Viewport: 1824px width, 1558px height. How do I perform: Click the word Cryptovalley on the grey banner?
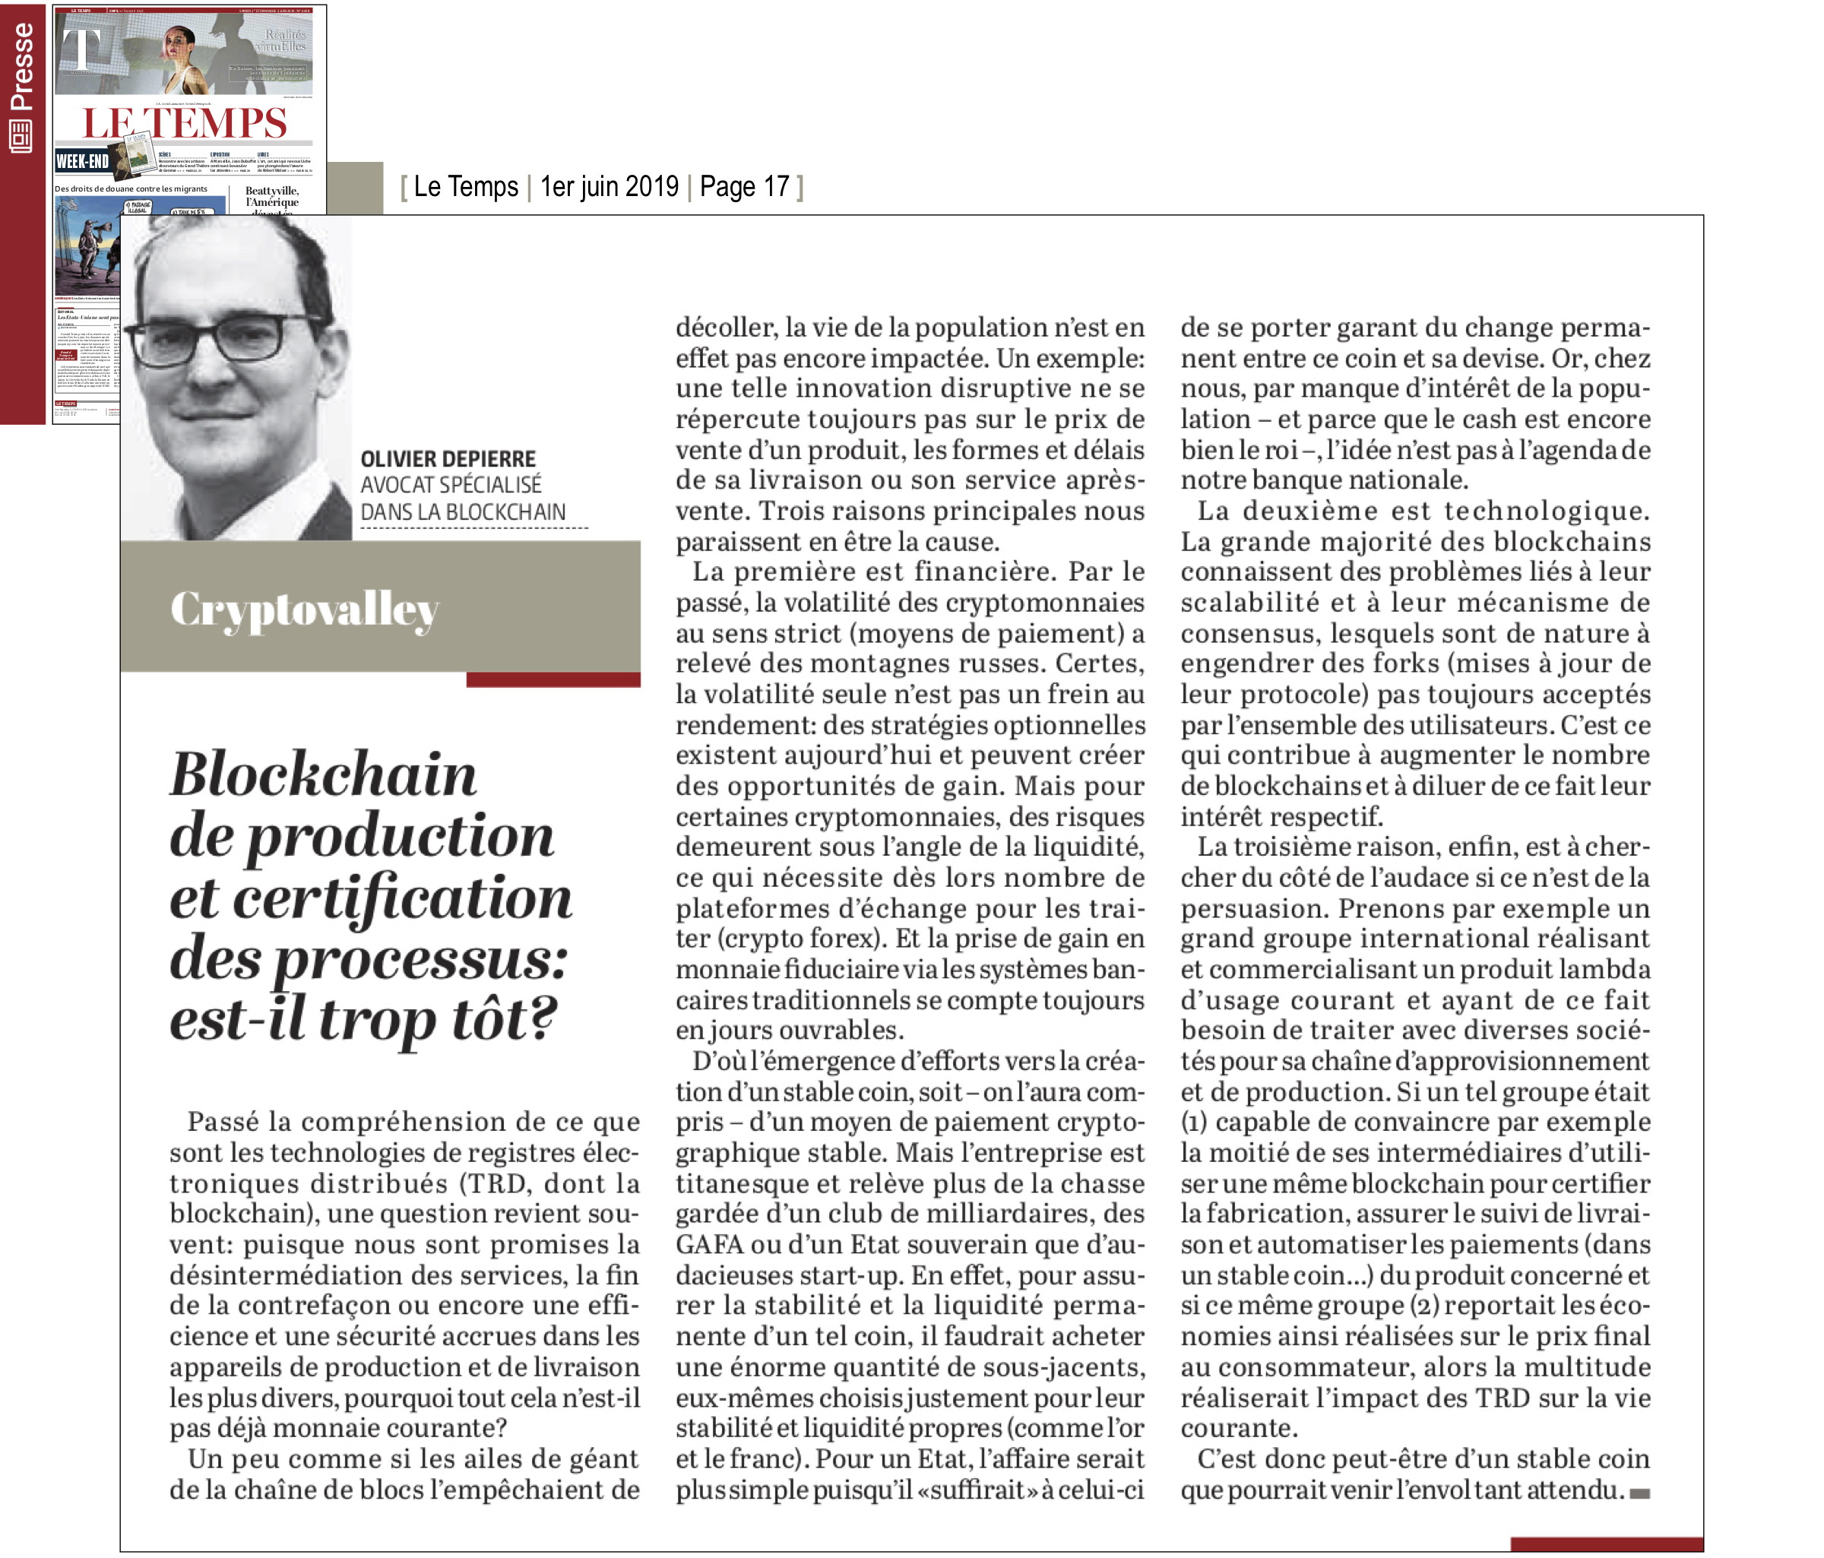pyautogui.click(x=304, y=609)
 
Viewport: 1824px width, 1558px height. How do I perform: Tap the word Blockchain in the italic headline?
pyautogui.click(x=322, y=774)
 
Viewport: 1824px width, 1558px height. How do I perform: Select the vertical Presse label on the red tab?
pyautogui.click(x=21, y=66)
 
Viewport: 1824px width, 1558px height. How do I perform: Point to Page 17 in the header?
pyautogui.click(x=744, y=187)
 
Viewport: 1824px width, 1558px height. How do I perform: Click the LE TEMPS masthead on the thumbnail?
pyautogui.click(x=185, y=122)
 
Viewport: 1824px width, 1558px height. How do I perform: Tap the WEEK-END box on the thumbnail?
pyautogui.click(x=82, y=161)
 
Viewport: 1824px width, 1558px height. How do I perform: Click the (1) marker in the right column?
pyautogui.click(x=1195, y=1123)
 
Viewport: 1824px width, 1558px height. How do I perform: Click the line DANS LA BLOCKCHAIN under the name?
pyautogui.click(x=462, y=512)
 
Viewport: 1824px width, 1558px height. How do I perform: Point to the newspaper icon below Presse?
pyautogui.click(x=21, y=137)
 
